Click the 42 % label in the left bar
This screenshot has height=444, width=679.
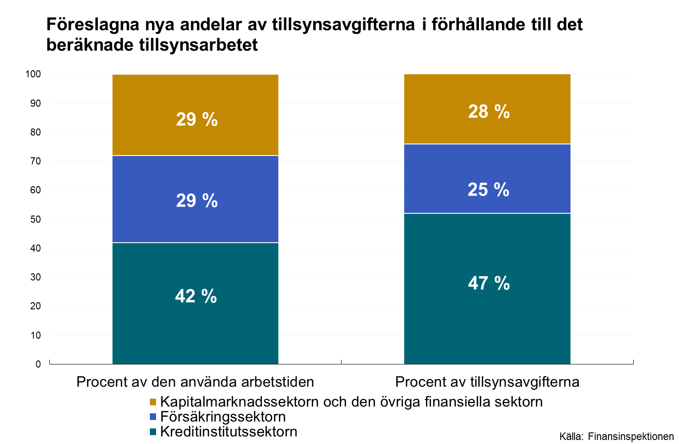[196, 296]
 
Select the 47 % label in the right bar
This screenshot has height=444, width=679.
[489, 283]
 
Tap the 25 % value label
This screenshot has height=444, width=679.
[488, 190]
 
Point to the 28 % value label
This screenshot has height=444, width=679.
[489, 112]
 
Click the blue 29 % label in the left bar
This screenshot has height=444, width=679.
[197, 200]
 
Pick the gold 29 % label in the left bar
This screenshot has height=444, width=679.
[197, 120]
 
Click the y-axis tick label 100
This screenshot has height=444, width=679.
[33, 74]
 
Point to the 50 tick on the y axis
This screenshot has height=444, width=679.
[36, 220]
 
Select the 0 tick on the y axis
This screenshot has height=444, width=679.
[38, 364]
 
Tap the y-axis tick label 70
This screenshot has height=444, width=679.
[36, 161]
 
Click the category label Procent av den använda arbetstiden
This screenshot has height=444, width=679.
[195, 382]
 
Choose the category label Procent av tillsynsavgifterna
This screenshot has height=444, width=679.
[487, 382]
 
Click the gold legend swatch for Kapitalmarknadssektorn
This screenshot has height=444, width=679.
[153, 402]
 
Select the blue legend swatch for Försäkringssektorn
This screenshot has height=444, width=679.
[153, 417]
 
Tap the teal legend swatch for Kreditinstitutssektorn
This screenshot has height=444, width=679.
[153, 432]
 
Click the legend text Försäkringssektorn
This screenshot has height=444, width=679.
[223, 417]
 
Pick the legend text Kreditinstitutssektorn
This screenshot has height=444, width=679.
[229, 432]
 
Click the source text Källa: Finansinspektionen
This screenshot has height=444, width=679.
[616, 436]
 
